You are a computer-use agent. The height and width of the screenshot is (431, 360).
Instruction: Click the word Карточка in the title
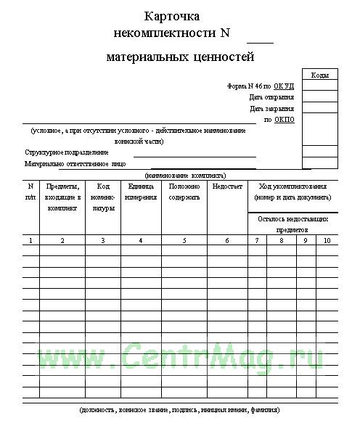point(172,16)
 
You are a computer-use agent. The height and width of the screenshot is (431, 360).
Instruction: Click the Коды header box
point(319,75)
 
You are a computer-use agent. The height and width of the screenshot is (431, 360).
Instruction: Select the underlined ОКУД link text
point(285,86)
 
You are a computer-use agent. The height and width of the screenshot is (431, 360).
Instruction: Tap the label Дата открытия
point(271,97)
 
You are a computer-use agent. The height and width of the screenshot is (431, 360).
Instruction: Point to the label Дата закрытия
point(271,108)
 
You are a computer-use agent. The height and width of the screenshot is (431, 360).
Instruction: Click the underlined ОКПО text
point(285,119)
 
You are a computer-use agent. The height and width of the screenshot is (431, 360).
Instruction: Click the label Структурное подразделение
point(66,152)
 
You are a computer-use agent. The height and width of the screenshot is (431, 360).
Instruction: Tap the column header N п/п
point(30,192)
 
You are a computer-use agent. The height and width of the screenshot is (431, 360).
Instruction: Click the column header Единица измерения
point(140,192)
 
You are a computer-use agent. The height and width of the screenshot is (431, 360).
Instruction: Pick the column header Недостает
point(227,186)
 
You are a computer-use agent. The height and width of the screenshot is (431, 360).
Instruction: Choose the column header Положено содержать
point(184,192)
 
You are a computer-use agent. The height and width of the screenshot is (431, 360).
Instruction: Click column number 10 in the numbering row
point(327,240)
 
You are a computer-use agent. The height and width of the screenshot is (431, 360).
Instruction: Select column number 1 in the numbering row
point(30,240)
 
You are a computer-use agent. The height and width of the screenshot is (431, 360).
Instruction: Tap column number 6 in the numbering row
point(227,240)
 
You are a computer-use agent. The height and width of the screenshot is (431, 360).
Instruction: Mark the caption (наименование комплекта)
point(186,176)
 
